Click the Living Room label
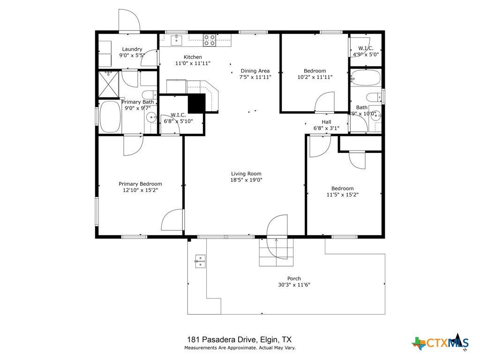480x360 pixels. point(246,173)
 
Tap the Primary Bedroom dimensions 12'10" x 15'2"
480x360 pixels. point(140,191)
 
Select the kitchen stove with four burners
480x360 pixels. point(209,40)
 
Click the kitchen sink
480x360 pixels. point(176,40)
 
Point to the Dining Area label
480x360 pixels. point(255,71)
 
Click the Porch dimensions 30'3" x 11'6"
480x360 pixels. point(294,285)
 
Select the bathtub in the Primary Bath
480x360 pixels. point(110,117)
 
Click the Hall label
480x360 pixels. point(326,122)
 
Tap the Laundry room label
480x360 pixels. point(132,49)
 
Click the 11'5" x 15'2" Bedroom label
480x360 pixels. point(343,188)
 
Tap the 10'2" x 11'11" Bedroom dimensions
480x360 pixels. point(315,77)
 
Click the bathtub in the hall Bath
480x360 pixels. point(366,78)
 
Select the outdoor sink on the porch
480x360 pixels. point(200,261)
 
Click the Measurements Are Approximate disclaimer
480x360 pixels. point(240,348)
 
